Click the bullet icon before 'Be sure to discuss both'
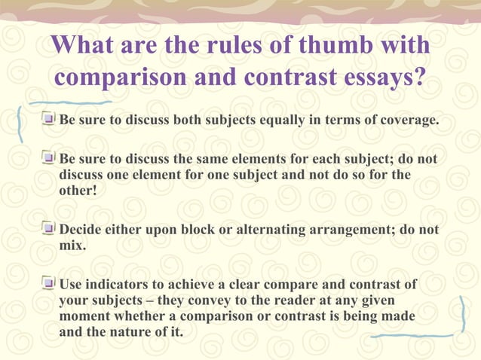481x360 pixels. coord(48,119)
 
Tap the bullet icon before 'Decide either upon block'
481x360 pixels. coord(48,228)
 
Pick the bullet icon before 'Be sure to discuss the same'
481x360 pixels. coord(48,159)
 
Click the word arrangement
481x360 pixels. coord(348,229)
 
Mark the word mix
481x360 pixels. coord(72,246)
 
